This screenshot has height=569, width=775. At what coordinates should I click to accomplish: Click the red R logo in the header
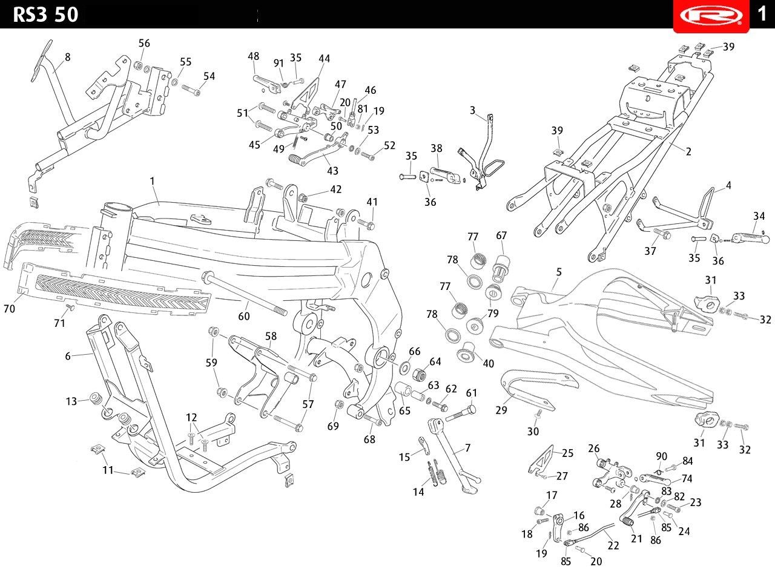tap(711, 16)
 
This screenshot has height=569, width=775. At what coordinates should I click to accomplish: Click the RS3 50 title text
tap(45, 15)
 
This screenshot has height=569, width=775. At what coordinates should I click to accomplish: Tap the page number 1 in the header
tap(762, 14)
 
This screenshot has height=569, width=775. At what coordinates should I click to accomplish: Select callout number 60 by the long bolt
tap(244, 316)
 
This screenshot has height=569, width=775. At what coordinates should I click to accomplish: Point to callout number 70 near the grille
tap(9, 308)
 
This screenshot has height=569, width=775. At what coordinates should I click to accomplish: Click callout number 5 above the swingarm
tap(559, 272)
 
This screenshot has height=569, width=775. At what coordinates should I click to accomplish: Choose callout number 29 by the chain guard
tap(501, 410)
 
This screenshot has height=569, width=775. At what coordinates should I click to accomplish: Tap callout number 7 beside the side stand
tap(468, 448)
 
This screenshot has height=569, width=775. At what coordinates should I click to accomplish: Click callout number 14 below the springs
tap(418, 492)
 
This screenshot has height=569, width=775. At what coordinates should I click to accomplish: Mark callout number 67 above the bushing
tap(501, 235)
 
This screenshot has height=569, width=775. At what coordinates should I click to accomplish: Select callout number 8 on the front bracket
tap(68, 57)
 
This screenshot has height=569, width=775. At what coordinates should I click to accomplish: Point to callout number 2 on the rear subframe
tap(688, 151)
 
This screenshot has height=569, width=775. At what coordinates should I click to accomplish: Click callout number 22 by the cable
tap(613, 545)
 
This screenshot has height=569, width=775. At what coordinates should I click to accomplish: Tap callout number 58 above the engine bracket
tap(271, 336)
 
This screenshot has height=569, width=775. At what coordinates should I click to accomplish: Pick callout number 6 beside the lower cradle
tap(68, 356)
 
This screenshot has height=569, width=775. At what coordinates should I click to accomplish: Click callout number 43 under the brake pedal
tap(333, 171)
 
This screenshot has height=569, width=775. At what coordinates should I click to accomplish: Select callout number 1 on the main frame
tap(152, 181)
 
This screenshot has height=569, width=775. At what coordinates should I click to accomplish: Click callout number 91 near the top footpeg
tap(279, 63)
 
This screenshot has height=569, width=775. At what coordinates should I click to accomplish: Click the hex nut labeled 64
tap(419, 374)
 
